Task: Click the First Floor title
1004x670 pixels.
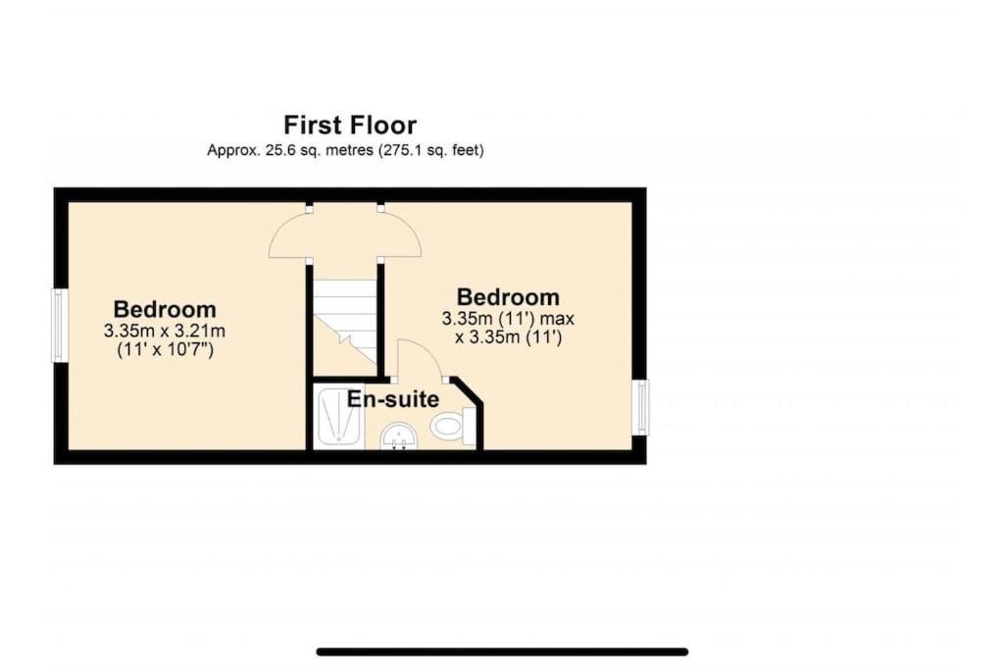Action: pos(350,125)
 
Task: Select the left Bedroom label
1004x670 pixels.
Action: pos(165,309)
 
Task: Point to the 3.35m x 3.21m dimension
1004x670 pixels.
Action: pos(165,332)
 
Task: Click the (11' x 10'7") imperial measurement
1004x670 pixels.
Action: pos(165,350)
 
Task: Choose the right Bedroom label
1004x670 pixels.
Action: pos(508,297)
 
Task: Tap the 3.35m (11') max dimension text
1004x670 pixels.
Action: pos(508,319)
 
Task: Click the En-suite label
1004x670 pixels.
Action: pos(392,399)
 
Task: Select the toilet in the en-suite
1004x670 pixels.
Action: pos(453,425)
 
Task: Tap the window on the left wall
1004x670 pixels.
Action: pos(59,326)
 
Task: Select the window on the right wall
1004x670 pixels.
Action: pos(640,407)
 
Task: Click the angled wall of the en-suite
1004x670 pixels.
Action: pos(468,390)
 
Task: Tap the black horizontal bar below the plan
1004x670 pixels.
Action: pos(502,652)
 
